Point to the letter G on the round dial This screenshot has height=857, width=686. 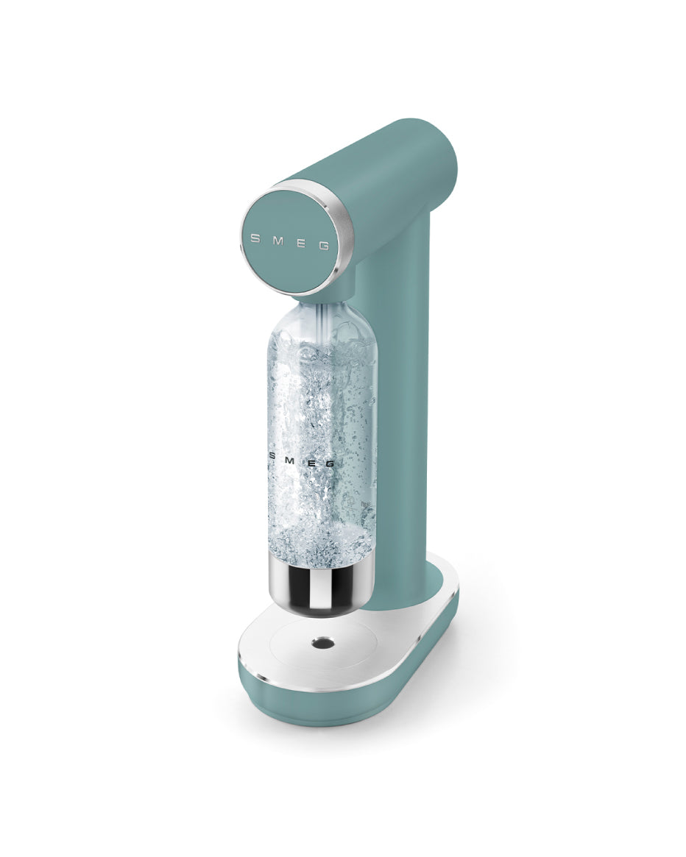[x=323, y=246]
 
